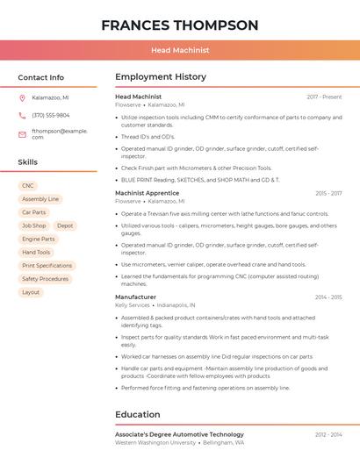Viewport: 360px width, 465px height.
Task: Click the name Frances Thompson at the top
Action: point(179,25)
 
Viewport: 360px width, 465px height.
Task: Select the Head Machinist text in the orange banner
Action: point(180,50)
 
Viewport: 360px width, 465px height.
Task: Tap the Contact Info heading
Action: point(41,77)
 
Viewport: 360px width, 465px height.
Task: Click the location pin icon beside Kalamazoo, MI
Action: point(22,97)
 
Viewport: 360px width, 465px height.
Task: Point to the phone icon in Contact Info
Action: point(22,115)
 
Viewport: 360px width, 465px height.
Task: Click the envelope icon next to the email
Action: point(22,134)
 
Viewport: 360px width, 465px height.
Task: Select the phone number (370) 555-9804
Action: point(51,115)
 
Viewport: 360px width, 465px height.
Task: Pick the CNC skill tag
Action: point(28,186)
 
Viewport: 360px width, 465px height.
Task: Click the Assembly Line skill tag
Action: point(40,199)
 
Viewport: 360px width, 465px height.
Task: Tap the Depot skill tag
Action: point(65,225)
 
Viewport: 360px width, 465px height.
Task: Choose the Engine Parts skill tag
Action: point(39,239)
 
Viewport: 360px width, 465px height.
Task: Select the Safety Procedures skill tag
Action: point(45,279)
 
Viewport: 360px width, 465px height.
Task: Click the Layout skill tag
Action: point(31,292)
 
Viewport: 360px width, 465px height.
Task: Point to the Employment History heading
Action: point(161,77)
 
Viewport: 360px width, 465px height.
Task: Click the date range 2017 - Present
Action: point(324,97)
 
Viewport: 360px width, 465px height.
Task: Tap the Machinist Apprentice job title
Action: point(147,193)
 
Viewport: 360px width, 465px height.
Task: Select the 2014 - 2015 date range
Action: point(328,297)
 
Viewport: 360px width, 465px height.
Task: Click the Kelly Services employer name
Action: point(133,305)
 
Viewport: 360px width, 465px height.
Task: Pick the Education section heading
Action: point(138,414)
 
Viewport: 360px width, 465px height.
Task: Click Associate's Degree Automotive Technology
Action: point(179,434)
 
